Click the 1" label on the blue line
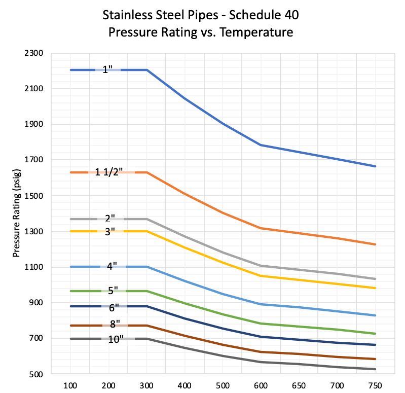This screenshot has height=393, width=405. pyautogui.click(x=107, y=70)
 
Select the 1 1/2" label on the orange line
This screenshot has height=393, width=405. pyautogui.click(x=107, y=172)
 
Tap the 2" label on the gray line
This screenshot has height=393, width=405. pyautogui.click(x=110, y=219)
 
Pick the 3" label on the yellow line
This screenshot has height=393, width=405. pyautogui.click(x=110, y=231)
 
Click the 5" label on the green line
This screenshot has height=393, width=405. pyautogui.click(x=113, y=291)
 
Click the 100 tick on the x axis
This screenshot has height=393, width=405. pyautogui.click(x=70, y=385)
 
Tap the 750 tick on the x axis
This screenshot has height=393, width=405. pyautogui.click(x=375, y=385)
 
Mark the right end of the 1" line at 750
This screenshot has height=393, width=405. pyautogui.click(x=375, y=166)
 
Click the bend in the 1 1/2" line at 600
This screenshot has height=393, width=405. pyautogui.click(x=261, y=228)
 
